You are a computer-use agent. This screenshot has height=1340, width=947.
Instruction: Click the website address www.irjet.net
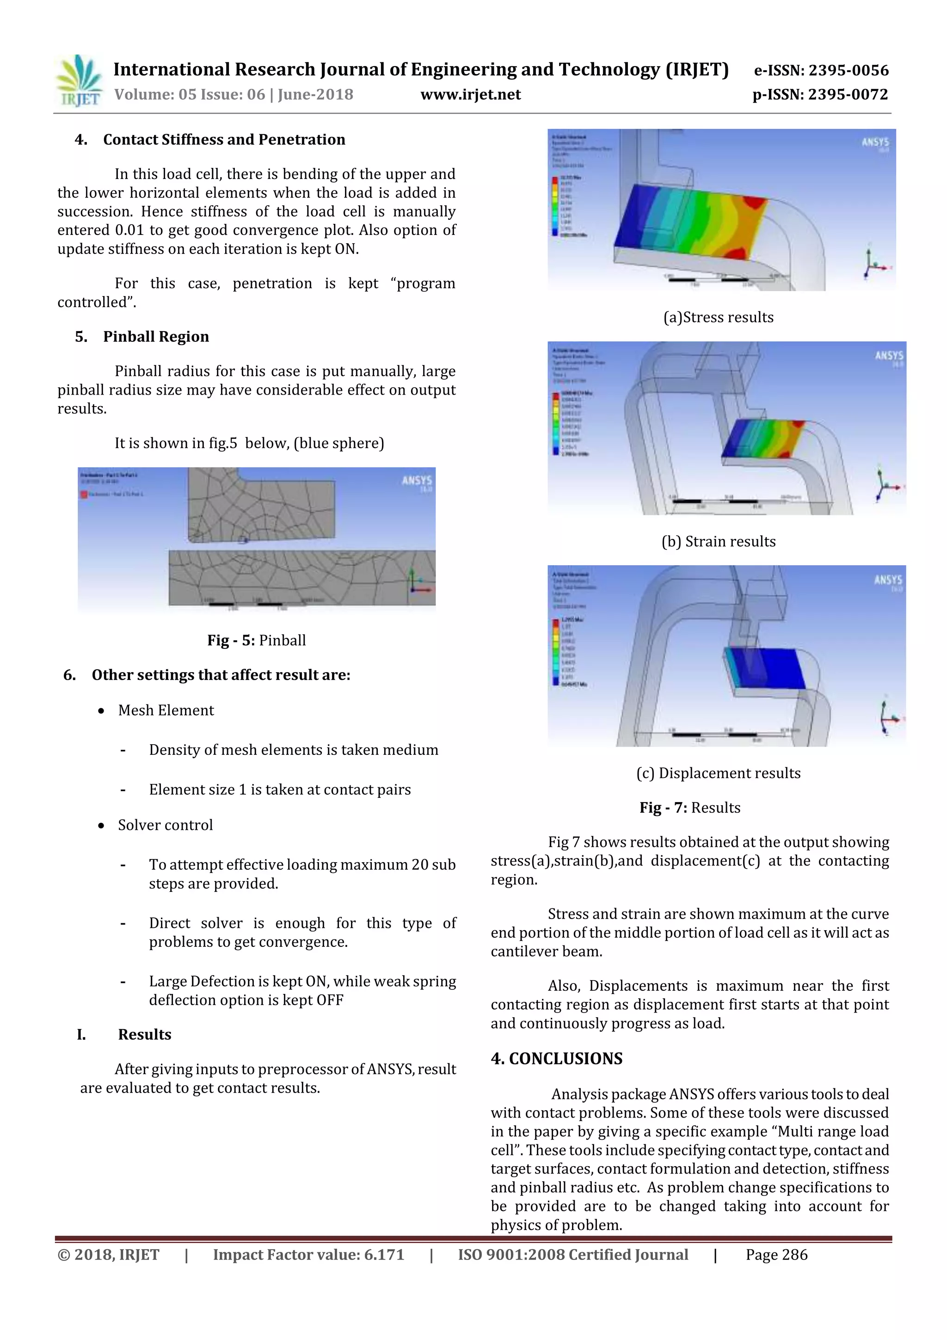click(470, 94)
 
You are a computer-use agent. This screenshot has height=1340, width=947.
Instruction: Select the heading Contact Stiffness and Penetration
click(224, 140)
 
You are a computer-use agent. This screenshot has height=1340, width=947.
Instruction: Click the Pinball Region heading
click(156, 337)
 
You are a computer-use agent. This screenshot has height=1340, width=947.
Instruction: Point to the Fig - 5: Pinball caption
click(256, 640)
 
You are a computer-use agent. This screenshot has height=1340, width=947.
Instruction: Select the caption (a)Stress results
click(718, 317)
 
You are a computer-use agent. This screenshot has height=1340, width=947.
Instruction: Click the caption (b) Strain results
click(718, 542)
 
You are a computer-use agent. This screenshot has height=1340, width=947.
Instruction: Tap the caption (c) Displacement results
click(718, 773)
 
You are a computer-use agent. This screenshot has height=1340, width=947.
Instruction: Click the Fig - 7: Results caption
click(690, 808)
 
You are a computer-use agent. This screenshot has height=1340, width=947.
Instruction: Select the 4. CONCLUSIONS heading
click(557, 1059)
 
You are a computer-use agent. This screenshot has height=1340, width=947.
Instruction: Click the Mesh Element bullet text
click(166, 710)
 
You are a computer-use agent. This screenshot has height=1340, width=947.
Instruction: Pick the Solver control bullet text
click(165, 825)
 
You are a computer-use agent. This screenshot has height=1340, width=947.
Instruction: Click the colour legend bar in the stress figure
click(554, 205)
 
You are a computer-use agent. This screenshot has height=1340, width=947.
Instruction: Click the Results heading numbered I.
click(144, 1035)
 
